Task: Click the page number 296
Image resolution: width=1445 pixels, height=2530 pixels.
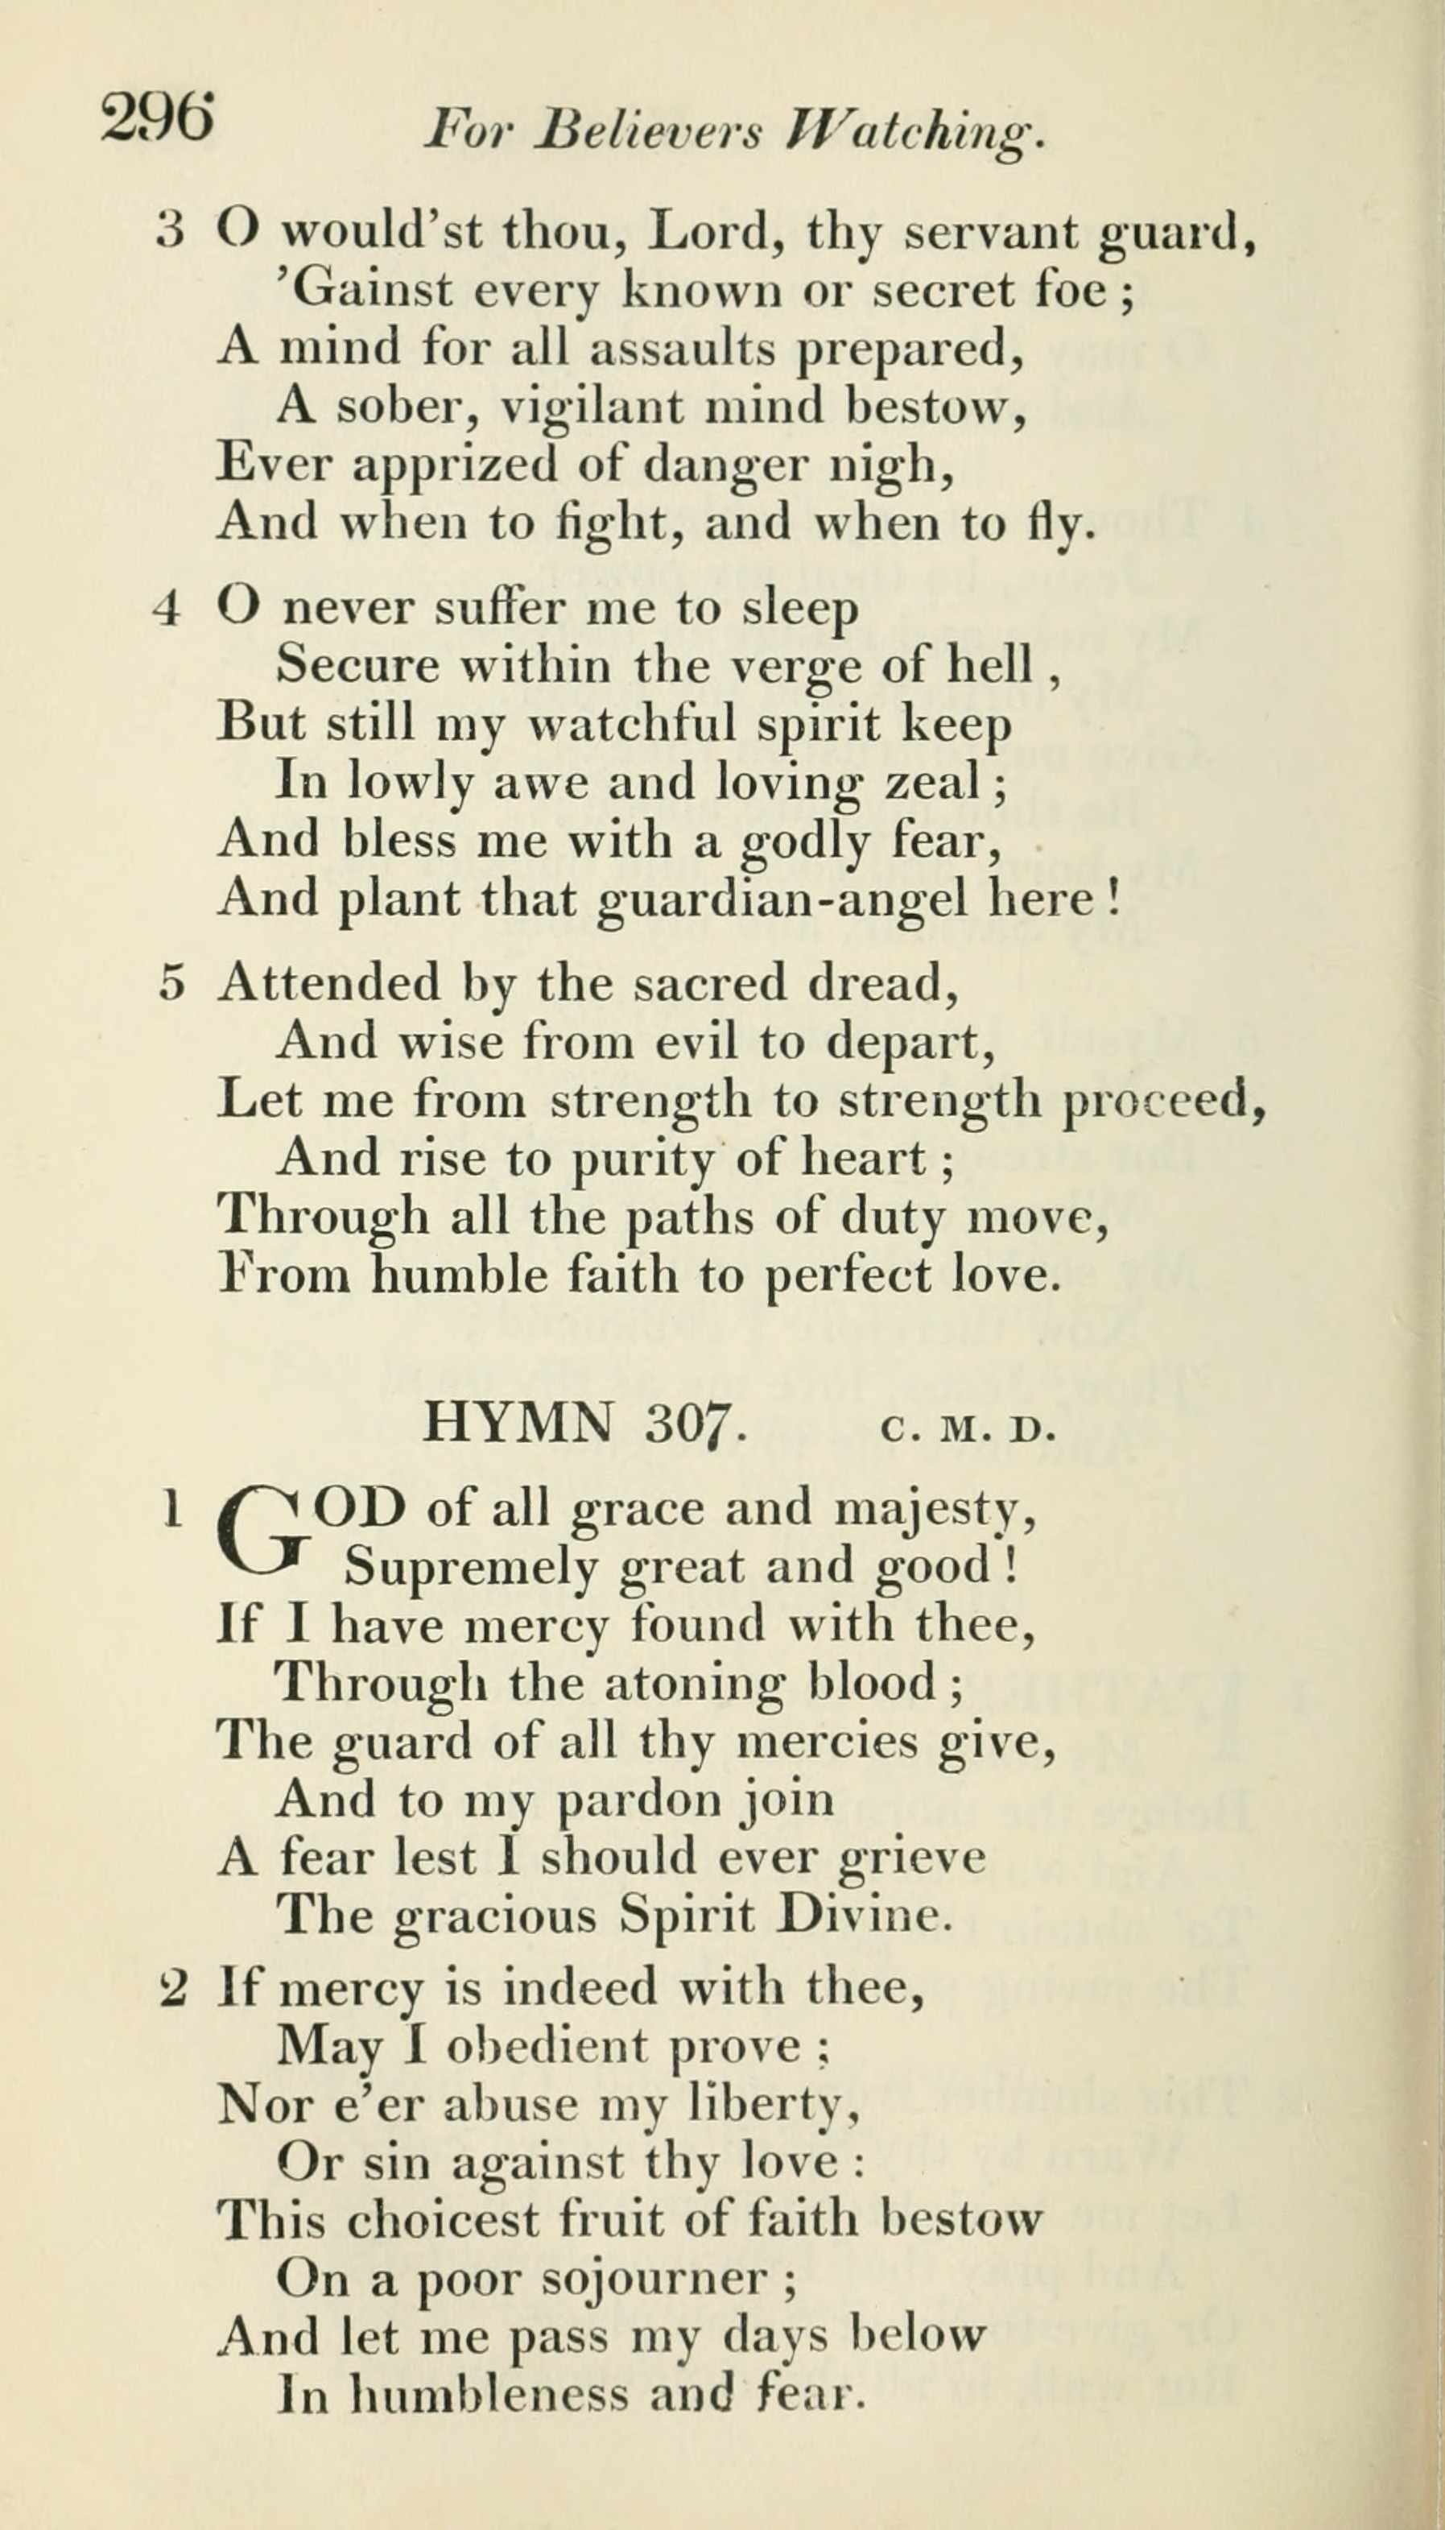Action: [x=157, y=119]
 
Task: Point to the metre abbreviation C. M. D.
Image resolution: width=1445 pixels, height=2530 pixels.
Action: [x=964, y=1428]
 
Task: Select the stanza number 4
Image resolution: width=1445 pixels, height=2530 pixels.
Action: [x=167, y=609]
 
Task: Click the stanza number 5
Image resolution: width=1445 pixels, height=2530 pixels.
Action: [x=171, y=982]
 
